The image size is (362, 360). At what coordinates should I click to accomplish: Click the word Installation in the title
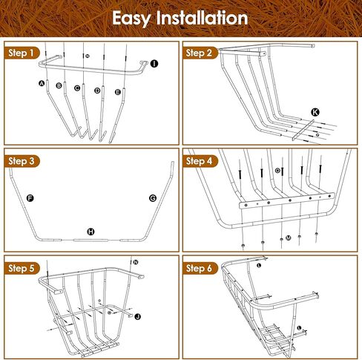click(201, 18)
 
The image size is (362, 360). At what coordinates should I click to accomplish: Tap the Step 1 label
click(22, 53)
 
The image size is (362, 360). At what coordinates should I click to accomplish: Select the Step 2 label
click(200, 53)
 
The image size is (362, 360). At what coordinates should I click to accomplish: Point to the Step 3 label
click(22, 160)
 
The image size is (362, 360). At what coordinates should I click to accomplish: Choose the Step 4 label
click(200, 160)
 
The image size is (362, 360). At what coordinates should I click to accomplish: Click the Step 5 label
click(22, 267)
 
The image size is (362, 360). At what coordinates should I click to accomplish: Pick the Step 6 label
click(200, 267)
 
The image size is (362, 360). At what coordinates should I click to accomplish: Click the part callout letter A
click(42, 83)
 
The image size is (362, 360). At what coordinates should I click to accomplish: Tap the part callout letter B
click(59, 86)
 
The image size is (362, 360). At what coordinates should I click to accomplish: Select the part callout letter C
click(77, 88)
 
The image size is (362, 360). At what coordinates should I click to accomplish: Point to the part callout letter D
click(97, 91)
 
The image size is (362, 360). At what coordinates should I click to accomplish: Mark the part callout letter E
click(118, 91)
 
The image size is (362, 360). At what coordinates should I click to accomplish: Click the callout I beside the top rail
click(154, 65)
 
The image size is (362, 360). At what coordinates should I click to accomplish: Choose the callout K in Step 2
click(315, 111)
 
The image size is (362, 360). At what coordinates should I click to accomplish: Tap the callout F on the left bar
click(30, 198)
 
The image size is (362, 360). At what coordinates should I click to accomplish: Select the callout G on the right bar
click(153, 198)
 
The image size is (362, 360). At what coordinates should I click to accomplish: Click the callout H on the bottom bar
click(91, 232)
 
